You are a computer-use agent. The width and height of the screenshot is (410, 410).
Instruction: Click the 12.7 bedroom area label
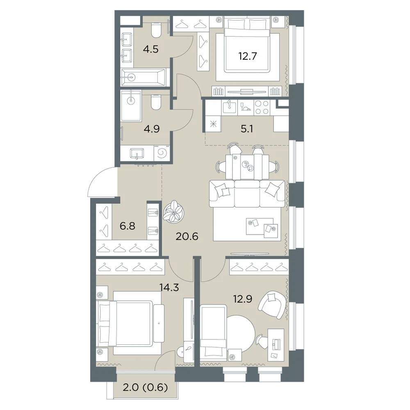[248, 56]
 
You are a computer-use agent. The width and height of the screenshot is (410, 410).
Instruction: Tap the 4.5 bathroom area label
[151, 49]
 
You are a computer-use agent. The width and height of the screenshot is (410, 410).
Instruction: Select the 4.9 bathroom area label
[152, 129]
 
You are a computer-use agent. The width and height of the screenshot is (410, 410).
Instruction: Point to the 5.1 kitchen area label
[246, 129]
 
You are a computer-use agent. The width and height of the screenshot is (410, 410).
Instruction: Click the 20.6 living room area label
[187, 237]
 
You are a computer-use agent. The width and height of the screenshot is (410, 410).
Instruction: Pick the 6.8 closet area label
[128, 225]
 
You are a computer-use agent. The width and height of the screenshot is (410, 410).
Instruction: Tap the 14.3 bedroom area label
[169, 288]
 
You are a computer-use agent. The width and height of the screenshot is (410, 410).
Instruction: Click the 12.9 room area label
[243, 298]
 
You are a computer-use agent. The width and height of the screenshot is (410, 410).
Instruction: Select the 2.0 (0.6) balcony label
[145, 387]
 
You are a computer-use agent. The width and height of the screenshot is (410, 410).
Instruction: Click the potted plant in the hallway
[173, 211]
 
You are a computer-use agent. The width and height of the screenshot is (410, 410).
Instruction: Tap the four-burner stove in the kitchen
[262, 107]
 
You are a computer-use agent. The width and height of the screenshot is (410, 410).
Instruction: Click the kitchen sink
[230, 107]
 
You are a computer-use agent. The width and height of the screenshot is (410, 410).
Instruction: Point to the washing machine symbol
[162, 153]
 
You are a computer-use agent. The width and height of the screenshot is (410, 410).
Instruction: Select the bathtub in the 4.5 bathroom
[143, 77]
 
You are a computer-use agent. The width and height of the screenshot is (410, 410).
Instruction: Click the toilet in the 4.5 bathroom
[157, 30]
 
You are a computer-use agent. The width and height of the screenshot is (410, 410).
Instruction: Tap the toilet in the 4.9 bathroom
[156, 102]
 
